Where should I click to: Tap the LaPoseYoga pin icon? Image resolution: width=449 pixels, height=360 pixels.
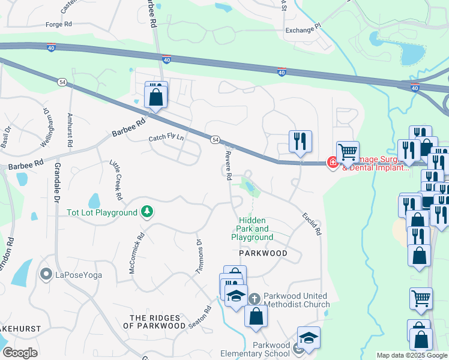tap(46, 275)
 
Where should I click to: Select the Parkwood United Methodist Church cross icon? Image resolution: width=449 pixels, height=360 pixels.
tap(254, 298)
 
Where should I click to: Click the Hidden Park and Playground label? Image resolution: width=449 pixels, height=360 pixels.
tap(252, 229)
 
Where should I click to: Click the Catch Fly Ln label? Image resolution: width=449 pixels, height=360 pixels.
tap(166, 137)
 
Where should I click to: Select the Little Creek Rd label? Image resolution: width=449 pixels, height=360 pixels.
tap(116, 180)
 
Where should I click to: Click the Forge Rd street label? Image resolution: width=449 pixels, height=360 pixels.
tap(59, 25)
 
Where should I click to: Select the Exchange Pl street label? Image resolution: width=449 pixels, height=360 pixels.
tap(303, 28)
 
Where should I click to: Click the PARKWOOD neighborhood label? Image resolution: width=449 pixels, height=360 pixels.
tap(263, 254)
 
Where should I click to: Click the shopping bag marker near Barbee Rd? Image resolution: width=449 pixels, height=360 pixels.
tap(155, 96)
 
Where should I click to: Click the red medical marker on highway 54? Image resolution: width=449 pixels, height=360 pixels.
tap(332, 163)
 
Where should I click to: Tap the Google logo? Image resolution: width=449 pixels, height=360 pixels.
tap(20, 353)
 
